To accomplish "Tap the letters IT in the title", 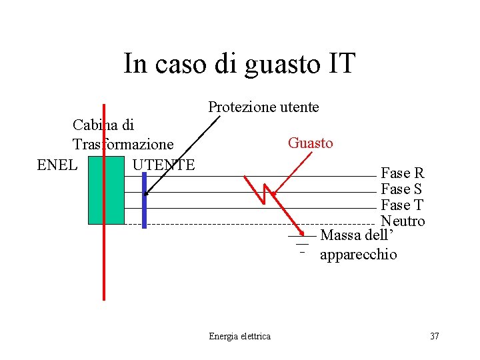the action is click(x=341, y=64).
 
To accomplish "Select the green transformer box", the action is click(x=106, y=190).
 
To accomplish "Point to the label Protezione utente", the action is click(x=263, y=107).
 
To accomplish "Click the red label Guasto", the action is click(x=310, y=143).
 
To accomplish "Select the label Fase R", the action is click(x=402, y=173).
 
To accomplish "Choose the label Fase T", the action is click(x=402, y=205).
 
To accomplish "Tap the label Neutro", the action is click(x=403, y=221).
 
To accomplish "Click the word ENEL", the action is click(x=57, y=164).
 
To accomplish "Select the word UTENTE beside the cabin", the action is click(x=163, y=164).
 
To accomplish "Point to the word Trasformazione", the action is click(x=123, y=144).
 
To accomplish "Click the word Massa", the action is click(x=341, y=235).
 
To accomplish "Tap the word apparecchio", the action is click(x=359, y=255).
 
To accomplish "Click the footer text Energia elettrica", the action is click(x=239, y=336).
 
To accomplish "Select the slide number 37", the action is click(x=434, y=336).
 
